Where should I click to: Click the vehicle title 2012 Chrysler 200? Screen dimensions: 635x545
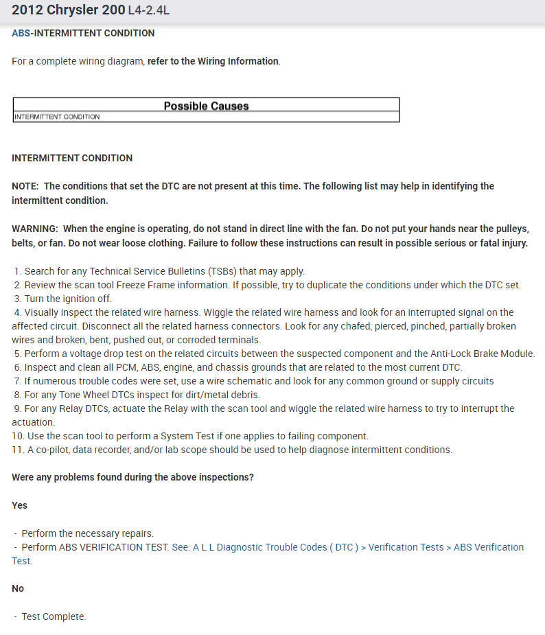pyautogui.click(x=68, y=11)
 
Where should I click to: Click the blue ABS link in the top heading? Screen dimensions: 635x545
pyautogui.click(x=21, y=33)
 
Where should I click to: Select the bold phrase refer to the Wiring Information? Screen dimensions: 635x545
pyautogui.click(x=213, y=61)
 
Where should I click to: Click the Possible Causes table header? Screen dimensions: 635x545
pyautogui.click(x=206, y=106)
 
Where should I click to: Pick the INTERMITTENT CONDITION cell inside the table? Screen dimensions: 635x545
pyautogui.click(x=57, y=117)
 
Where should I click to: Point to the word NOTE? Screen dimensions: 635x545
pyautogui.click(x=26, y=186)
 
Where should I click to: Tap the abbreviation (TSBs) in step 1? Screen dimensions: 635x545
pyautogui.click(x=217, y=271)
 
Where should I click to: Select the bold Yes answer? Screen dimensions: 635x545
pyautogui.click(x=20, y=505)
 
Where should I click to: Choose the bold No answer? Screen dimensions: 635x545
pyautogui.click(x=18, y=588)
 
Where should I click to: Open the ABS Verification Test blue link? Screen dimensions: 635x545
pyautogui.click(x=347, y=547)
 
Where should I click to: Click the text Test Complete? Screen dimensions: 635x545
pyautogui.click(x=54, y=616)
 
